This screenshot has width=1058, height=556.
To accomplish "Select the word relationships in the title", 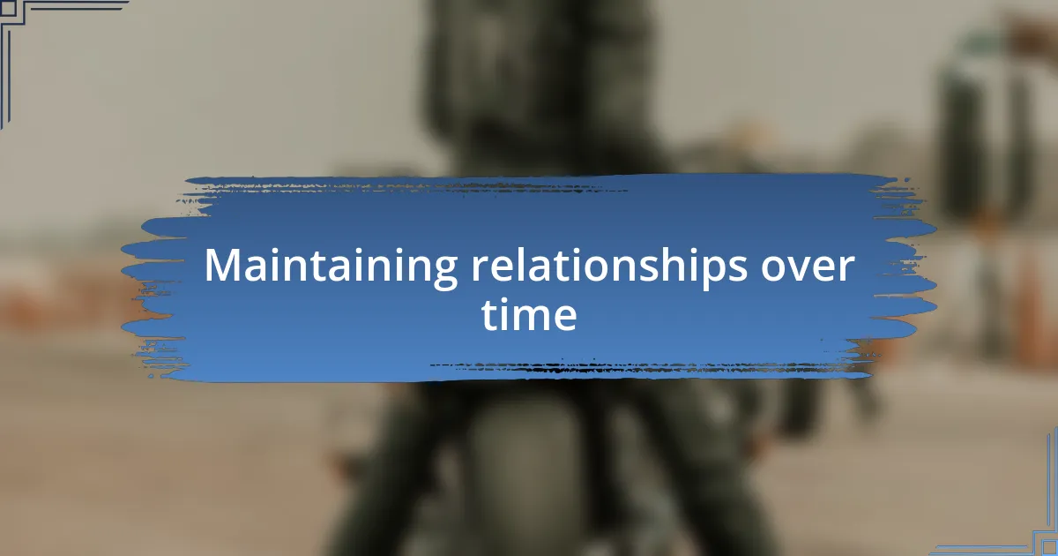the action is pyautogui.click(x=609, y=267).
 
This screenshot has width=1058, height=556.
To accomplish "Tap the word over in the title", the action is pyautogui.click(x=808, y=267).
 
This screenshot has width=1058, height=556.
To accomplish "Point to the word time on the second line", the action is pyautogui.click(x=529, y=314).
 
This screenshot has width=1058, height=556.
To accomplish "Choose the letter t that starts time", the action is pyautogui.click(x=488, y=314).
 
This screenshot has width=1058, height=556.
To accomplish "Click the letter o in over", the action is pyautogui.click(x=775, y=269).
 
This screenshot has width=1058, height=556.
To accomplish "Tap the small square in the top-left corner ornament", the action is pyautogui.click(x=8, y=8).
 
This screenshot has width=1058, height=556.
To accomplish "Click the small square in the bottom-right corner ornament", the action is pyautogui.click(x=1049, y=548).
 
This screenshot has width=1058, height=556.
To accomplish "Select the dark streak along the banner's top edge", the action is pyautogui.click(x=406, y=188).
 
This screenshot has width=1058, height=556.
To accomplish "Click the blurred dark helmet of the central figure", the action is pyautogui.click(x=539, y=71).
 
